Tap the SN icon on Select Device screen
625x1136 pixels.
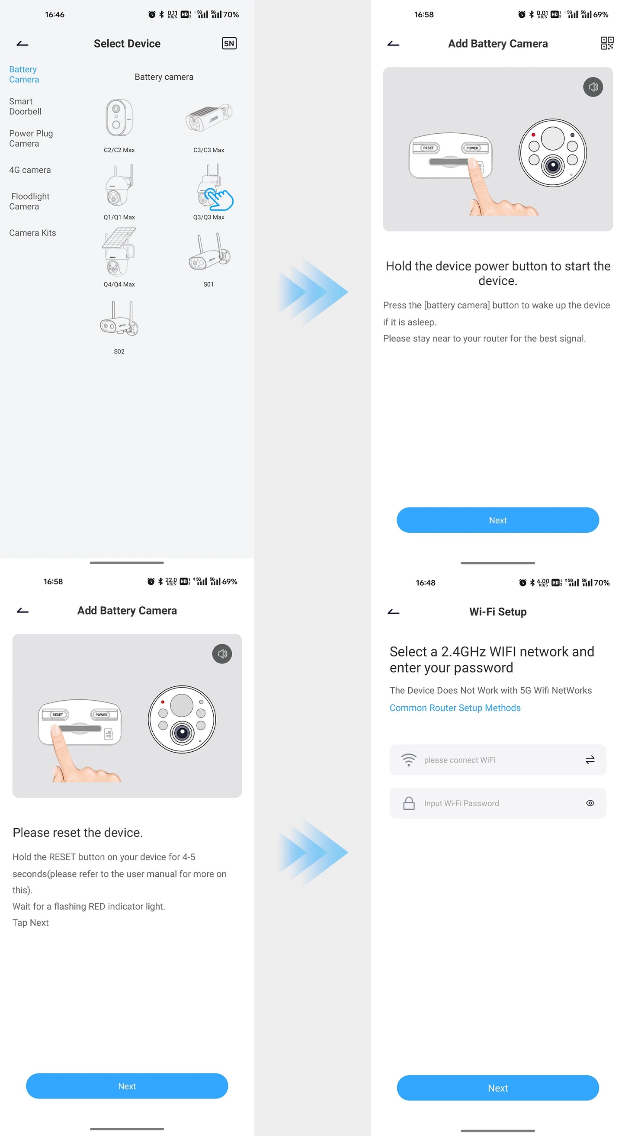(x=229, y=43)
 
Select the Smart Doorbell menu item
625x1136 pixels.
(x=25, y=106)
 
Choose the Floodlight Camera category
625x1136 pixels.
(x=29, y=201)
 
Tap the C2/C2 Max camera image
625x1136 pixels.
(x=119, y=118)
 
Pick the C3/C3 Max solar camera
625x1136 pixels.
(x=208, y=118)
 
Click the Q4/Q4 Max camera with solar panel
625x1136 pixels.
(x=119, y=252)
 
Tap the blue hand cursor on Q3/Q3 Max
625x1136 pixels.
(x=219, y=199)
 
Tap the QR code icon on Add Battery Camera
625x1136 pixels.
(x=607, y=43)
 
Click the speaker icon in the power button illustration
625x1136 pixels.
(x=593, y=87)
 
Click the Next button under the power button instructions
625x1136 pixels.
(x=497, y=520)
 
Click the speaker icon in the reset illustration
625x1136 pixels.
(x=222, y=653)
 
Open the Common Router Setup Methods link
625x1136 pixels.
(x=455, y=708)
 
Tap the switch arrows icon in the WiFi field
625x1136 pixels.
(x=590, y=759)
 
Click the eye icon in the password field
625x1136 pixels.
(x=590, y=803)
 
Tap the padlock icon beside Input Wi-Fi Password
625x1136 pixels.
(x=409, y=803)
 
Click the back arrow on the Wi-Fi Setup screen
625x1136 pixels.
(x=393, y=611)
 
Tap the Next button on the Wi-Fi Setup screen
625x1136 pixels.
(x=497, y=1088)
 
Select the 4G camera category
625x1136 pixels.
(x=30, y=170)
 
